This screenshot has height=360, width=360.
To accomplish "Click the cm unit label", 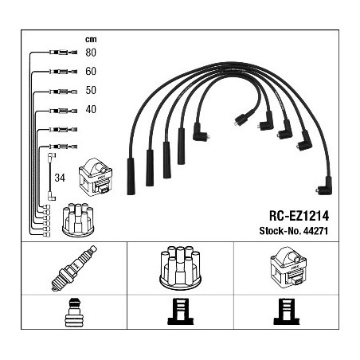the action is (x=91, y=40).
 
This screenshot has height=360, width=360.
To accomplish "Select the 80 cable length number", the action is (x=91, y=53).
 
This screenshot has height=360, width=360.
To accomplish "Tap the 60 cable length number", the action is (x=91, y=71).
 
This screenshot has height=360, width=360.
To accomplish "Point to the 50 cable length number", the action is (x=91, y=90).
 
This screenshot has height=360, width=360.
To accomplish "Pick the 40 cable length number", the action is (x=91, y=109).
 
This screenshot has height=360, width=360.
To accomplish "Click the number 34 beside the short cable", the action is (x=60, y=178).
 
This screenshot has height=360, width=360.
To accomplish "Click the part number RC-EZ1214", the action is (x=299, y=216).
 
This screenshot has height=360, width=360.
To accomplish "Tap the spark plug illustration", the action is (x=74, y=268).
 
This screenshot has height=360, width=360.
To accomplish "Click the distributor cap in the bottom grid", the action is (x=180, y=267).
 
